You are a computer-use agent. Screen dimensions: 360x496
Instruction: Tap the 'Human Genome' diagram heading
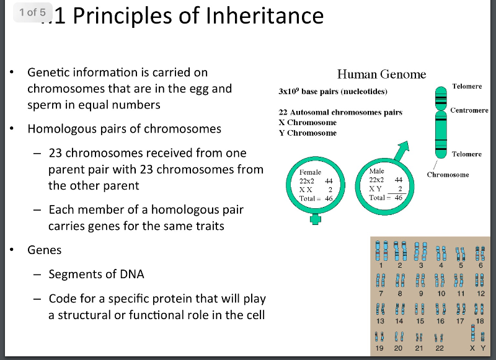(381, 74)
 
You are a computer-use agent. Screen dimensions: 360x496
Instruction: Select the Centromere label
(469, 110)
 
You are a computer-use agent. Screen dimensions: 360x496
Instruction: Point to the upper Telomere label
(467, 86)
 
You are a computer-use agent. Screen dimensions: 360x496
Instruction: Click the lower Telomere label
(467, 154)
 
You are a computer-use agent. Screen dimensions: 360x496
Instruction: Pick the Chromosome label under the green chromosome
(448, 175)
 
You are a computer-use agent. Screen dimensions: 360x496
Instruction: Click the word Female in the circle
(311, 172)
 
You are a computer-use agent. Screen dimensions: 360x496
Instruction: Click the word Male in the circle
(376, 170)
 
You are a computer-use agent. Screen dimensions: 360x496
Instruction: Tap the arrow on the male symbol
(404, 148)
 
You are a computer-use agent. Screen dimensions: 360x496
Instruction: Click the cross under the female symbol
(316, 219)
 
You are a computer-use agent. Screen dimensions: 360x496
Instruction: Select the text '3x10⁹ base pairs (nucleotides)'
(333, 92)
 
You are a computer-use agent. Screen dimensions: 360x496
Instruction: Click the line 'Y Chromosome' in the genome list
(308, 133)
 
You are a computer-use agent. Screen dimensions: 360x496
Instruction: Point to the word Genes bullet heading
(45, 250)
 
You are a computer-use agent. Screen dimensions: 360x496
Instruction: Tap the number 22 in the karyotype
(440, 349)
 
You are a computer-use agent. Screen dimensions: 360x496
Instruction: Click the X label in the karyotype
(472, 349)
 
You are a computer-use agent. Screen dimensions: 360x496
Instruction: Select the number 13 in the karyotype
(381, 321)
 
